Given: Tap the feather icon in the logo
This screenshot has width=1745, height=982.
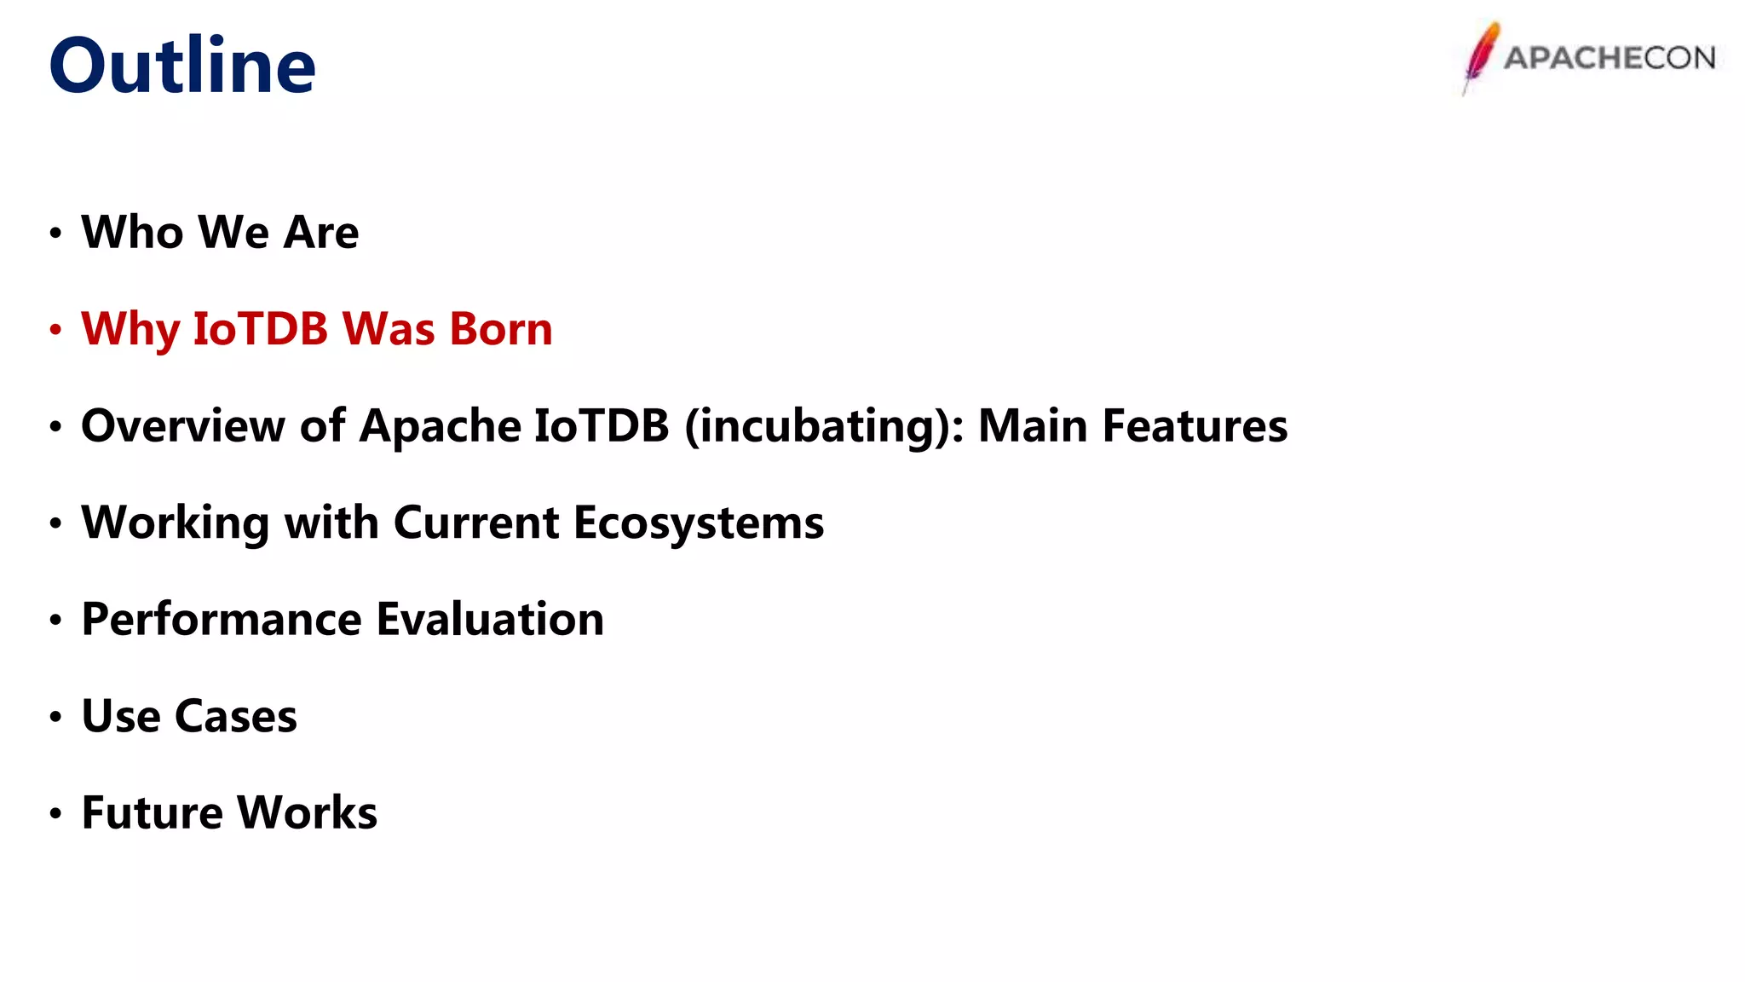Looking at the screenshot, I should pyautogui.click(x=1481, y=55).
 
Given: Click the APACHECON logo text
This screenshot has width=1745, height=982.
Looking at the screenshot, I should pyautogui.click(x=1609, y=58).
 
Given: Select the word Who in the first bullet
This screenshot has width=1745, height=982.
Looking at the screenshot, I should pyautogui.click(x=132, y=232).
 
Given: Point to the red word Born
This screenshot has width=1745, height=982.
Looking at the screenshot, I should pyautogui.click(x=501, y=329).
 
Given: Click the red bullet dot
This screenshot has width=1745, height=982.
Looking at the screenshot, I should pyautogui.click(x=55, y=329).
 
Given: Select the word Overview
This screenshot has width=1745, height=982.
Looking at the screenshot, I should pyautogui.click(x=182, y=425).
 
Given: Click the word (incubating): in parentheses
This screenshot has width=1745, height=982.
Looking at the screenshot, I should pyautogui.click(x=824, y=425).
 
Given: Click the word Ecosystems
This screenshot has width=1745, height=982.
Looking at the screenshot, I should pyautogui.click(x=699, y=522).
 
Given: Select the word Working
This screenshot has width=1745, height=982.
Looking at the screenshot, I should pyautogui.click(x=175, y=522).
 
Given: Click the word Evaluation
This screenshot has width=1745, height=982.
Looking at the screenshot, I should pyautogui.click(x=490, y=619).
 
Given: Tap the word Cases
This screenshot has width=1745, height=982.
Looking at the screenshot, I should pyautogui.click(x=236, y=716).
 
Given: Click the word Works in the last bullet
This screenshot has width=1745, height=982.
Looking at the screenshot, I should pyautogui.click(x=307, y=812).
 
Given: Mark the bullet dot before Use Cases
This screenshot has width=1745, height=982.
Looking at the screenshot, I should pyautogui.click(x=55, y=716).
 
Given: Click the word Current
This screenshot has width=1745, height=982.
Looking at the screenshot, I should pyautogui.click(x=475, y=522).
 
